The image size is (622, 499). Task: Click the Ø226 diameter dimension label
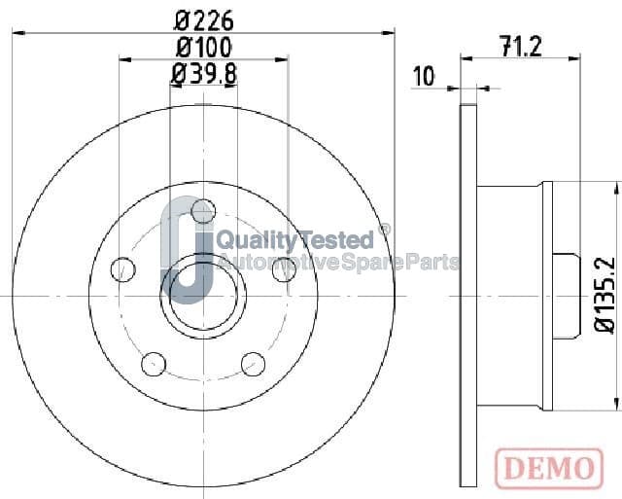(203, 20)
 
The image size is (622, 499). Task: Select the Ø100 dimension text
(203, 47)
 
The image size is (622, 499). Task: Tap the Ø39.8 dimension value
(204, 74)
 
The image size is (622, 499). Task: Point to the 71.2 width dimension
(521, 47)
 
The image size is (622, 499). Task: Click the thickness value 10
(424, 76)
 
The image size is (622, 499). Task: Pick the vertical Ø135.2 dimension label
(605, 295)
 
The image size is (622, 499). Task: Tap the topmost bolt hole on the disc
(203, 211)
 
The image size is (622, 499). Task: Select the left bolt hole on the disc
(123, 269)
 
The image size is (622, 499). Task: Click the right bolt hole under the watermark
(284, 269)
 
